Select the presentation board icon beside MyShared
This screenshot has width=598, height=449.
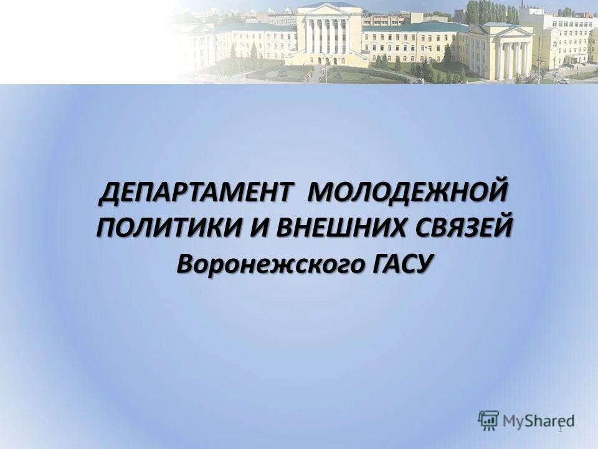pyautogui.click(x=489, y=419)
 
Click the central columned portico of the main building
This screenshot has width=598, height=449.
pyautogui.click(x=329, y=37)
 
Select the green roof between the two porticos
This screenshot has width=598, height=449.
pyautogui.click(x=424, y=28)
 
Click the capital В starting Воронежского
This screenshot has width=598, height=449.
pyautogui.click(x=186, y=263)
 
